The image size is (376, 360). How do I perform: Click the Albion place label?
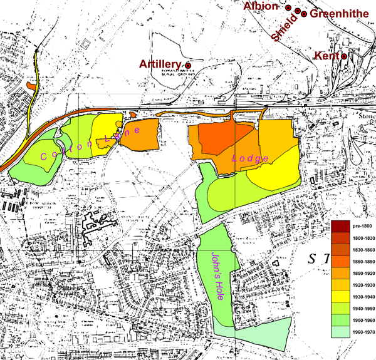(x=263, y=6)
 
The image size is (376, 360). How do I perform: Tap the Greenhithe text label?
(x=339, y=14)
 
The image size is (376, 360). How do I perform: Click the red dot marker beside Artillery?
(x=187, y=65)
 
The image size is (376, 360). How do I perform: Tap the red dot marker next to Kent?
(x=344, y=56)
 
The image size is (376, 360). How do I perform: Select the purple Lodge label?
(x=251, y=159)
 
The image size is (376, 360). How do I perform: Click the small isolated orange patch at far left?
(x=32, y=85)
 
